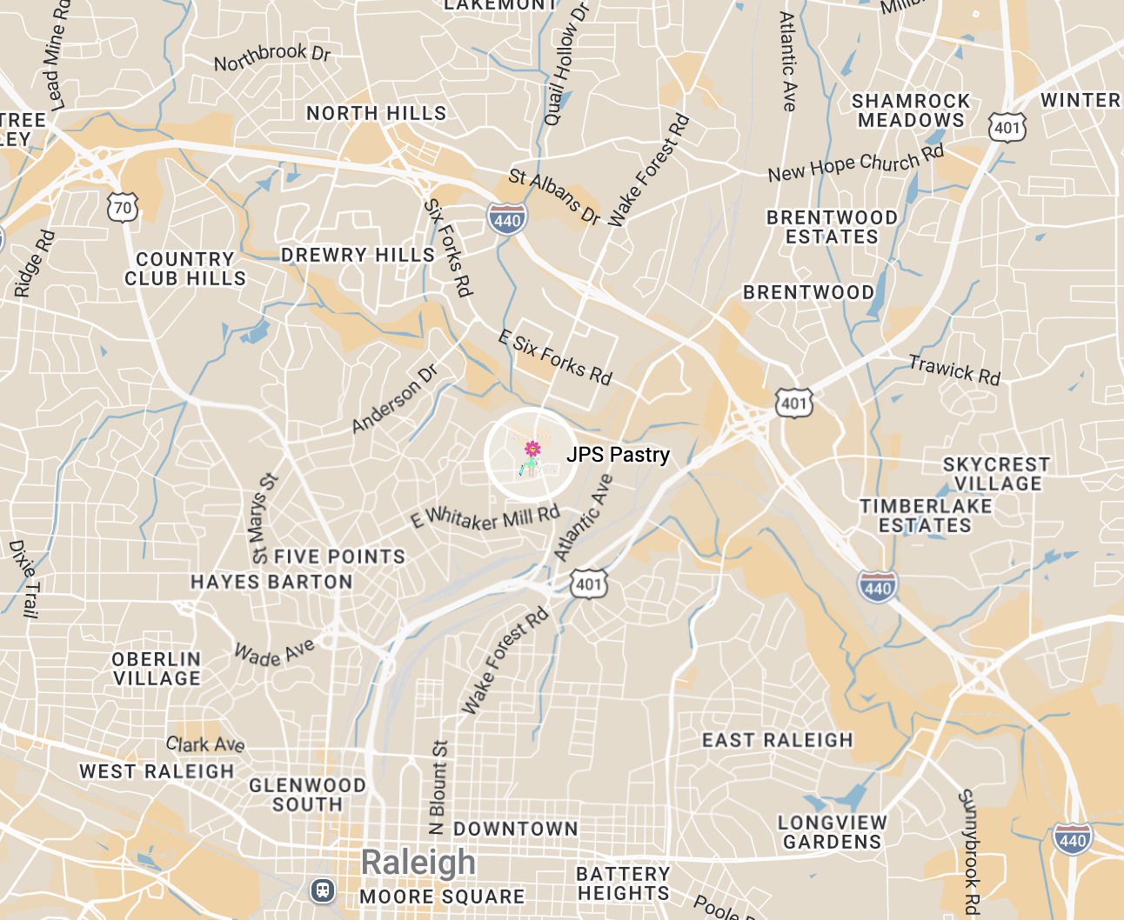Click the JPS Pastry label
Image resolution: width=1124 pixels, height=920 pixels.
pyautogui.click(x=618, y=455)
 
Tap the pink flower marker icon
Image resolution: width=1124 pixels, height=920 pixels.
pyautogui.click(x=532, y=450)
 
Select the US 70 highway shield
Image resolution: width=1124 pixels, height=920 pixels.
pyautogui.click(x=123, y=208)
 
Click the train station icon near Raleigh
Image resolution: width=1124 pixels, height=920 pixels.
pyautogui.click(x=323, y=890)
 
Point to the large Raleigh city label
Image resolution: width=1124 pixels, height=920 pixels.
pyautogui.click(x=418, y=862)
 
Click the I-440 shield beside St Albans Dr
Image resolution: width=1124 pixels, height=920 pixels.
pyautogui.click(x=506, y=220)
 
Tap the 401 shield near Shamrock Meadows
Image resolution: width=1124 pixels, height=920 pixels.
pyautogui.click(x=1007, y=128)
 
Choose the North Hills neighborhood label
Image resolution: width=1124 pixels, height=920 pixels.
pyautogui.click(x=376, y=113)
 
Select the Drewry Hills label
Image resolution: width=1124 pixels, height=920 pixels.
pyautogui.click(x=358, y=255)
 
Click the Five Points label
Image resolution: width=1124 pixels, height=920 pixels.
pyautogui.click(x=339, y=557)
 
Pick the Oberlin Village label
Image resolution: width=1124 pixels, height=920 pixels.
pyautogui.click(x=157, y=669)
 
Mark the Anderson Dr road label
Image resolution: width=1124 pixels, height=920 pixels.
pyautogui.click(x=395, y=398)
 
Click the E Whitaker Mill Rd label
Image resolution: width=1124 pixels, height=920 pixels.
pyautogui.click(x=485, y=518)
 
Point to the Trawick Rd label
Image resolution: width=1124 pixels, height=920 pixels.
pyautogui.click(x=954, y=369)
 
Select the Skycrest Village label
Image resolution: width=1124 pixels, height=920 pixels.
pyautogui.click(x=997, y=474)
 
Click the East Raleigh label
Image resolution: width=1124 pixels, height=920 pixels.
pyautogui.click(x=777, y=740)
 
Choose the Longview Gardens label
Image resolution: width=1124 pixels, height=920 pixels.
pyautogui.click(x=833, y=832)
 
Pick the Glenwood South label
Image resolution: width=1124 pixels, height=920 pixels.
pyautogui.click(x=307, y=795)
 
